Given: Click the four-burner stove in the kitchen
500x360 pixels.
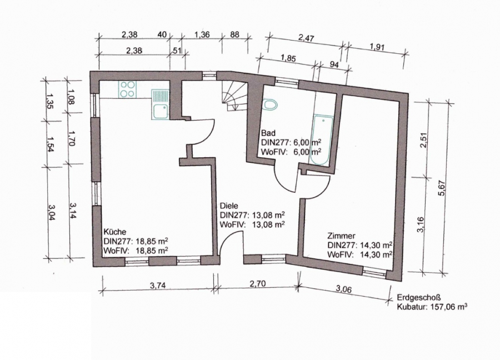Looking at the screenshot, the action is (x=128, y=89).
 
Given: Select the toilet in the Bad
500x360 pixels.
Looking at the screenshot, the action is (x=270, y=105).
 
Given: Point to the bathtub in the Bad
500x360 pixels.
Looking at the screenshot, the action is (x=322, y=139).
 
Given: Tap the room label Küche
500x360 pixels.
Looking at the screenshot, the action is (x=115, y=232).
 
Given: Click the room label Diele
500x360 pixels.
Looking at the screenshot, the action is (x=229, y=206).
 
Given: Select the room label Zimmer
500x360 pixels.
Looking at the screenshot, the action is (x=341, y=236).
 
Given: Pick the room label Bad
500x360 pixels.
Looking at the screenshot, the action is (x=268, y=133).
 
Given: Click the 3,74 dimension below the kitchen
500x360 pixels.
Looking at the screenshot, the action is (x=158, y=286).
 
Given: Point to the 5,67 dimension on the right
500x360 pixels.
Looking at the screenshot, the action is (x=442, y=189).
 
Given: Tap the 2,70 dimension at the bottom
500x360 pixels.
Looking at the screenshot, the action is (x=258, y=284).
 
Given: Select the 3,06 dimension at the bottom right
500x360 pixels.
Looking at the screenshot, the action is (x=344, y=289).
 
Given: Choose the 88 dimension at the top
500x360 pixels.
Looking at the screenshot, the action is (x=234, y=34).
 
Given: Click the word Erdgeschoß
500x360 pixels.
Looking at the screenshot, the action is (x=419, y=298).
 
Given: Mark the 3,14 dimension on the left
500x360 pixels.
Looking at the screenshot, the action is (x=72, y=210).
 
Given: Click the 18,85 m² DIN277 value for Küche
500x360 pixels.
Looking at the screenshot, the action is (x=152, y=241).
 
